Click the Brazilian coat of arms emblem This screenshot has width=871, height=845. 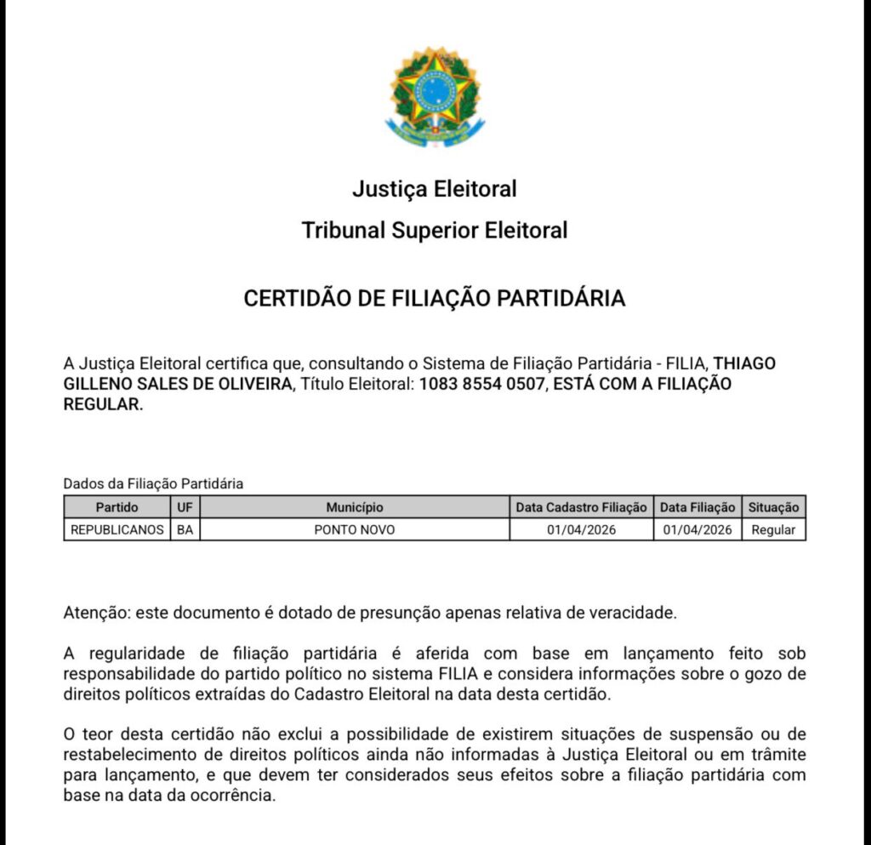(435, 95)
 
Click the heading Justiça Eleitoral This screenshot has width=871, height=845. (435, 188)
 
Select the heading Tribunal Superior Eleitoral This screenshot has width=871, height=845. (435, 230)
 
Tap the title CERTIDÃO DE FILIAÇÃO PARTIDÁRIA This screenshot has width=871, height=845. (435, 299)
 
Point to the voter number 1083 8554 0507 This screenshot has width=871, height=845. (481, 384)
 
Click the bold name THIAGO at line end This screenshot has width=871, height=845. (744, 363)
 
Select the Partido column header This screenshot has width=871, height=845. (117, 507)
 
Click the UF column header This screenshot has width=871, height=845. (185, 507)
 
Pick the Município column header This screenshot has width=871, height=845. (354, 507)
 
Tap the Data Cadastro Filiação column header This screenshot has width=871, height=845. (582, 507)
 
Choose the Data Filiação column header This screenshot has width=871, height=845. (697, 507)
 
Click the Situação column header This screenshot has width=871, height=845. (773, 507)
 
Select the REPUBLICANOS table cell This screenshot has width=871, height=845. (117, 529)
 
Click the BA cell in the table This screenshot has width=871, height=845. (185, 529)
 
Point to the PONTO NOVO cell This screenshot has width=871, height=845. (354, 529)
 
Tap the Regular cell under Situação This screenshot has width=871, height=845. (773, 529)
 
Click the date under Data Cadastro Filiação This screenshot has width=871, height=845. (582, 529)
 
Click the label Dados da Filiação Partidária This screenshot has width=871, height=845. (153, 483)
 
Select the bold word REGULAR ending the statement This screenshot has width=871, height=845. (101, 404)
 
